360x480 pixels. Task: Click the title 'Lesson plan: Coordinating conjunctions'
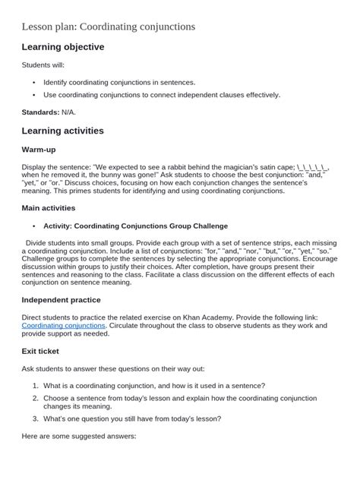pyautogui.click(x=108, y=27)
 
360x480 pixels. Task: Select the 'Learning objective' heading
pyautogui.click(x=62, y=47)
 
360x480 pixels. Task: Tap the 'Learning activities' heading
pyautogui.click(x=62, y=131)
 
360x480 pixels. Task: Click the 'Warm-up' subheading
pyautogui.click(x=41, y=150)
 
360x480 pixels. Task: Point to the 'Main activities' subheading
pyautogui.click(x=49, y=207)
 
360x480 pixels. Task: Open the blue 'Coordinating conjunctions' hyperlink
pyautogui.click(x=64, y=325)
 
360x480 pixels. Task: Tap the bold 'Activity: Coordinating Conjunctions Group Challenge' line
pyautogui.click(x=135, y=226)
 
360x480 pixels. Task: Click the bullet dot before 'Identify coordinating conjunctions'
pyautogui.click(x=34, y=83)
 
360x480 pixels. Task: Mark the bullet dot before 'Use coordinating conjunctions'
pyautogui.click(x=34, y=95)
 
